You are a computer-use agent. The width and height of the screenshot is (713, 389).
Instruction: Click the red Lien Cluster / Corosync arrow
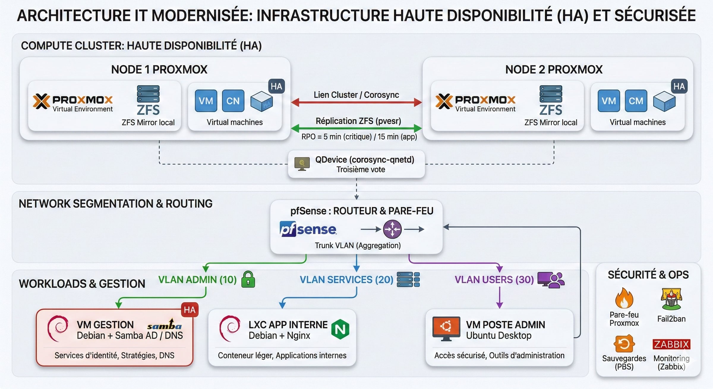click(356, 103)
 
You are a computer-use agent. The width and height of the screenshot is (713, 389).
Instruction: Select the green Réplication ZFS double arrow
click(356, 128)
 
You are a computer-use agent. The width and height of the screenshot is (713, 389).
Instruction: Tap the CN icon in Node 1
click(233, 101)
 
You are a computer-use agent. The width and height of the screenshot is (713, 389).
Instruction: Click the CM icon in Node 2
click(636, 101)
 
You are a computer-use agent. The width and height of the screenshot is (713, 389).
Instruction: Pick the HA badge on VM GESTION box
click(190, 310)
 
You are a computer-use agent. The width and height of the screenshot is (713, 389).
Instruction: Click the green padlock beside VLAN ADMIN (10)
click(248, 279)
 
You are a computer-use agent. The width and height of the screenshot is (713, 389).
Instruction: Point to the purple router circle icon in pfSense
click(392, 229)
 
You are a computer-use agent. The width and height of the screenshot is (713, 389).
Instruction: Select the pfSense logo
click(308, 229)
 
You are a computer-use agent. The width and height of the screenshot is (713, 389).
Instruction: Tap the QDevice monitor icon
click(302, 164)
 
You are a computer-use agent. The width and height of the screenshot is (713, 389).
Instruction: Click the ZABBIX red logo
click(671, 344)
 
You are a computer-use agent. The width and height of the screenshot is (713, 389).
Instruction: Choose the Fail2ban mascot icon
click(671, 299)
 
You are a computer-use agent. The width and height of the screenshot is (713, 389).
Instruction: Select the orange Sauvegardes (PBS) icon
click(624, 344)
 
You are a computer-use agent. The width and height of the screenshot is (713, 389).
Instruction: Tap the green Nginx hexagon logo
click(340, 329)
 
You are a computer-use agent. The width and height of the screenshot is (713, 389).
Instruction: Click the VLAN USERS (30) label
click(494, 280)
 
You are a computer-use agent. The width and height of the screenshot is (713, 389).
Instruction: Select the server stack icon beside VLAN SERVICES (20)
click(408, 279)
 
